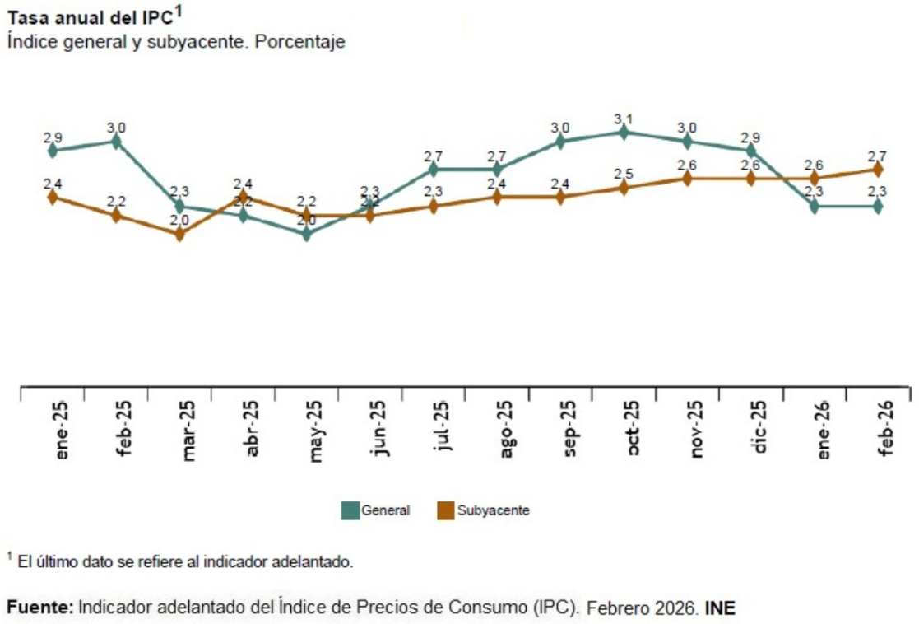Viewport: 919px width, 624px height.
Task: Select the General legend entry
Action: (376, 510)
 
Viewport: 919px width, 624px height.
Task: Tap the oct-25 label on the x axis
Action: (632, 430)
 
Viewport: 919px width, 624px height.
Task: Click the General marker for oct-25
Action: (624, 132)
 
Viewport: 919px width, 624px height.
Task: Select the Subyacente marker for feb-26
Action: (878, 169)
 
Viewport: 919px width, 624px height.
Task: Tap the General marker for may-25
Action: (307, 234)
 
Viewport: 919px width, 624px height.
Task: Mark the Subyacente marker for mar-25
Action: (179, 234)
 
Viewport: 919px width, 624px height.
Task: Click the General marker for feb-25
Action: (116, 142)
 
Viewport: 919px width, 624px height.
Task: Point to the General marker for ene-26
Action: (815, 207)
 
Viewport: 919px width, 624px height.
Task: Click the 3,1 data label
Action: (624, 119)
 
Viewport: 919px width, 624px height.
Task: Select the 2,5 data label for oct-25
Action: (624, 174)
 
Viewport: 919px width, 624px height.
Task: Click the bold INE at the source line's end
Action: (720, 608)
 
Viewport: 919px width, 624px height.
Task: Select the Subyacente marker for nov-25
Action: (687, 178)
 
